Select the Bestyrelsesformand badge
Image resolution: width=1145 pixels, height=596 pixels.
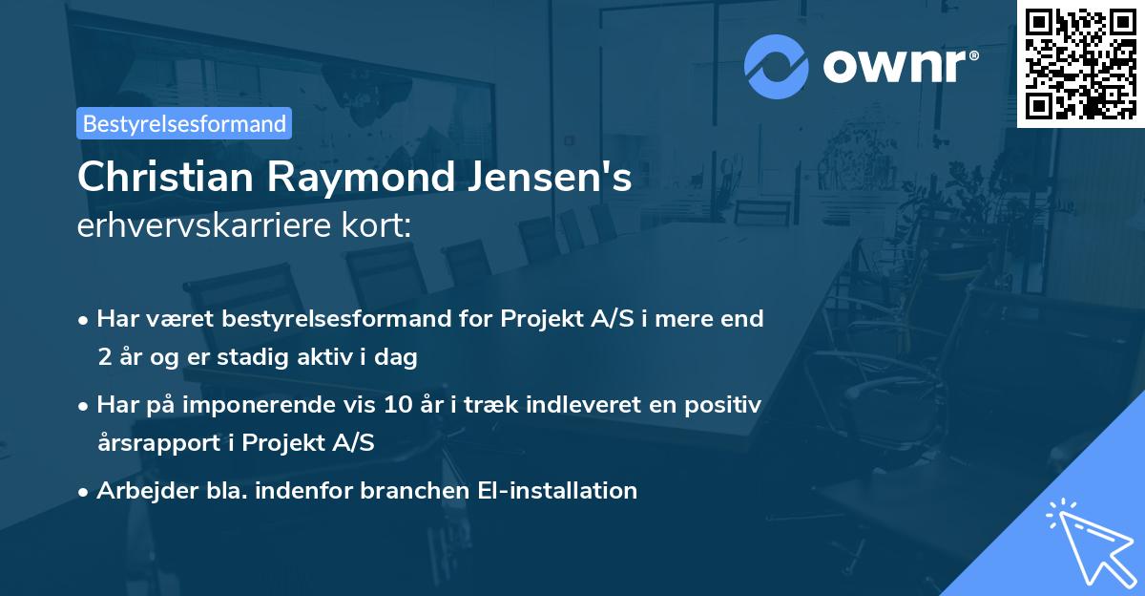coord(184,123)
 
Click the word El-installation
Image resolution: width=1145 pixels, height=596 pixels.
coord(555,491)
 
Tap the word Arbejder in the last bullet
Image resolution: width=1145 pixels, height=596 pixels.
coord(141,491)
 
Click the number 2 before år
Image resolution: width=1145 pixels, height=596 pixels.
coord(103,357)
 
